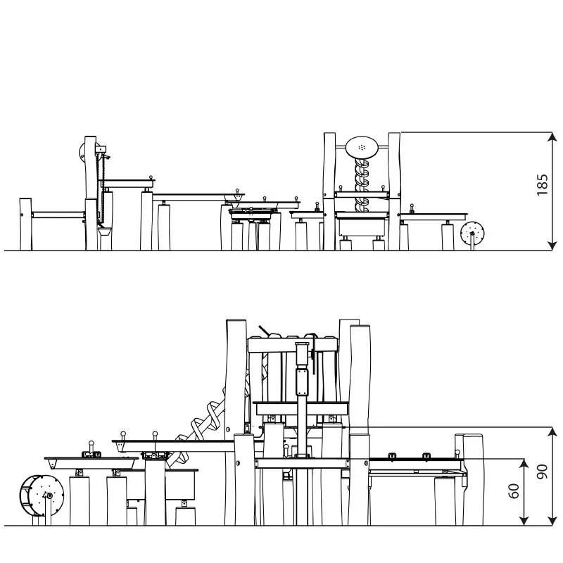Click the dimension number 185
(542, 185)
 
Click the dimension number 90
(542, 472)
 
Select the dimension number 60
(514, 491)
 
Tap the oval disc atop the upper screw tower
(362, 147)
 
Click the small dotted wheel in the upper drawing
(472, 234)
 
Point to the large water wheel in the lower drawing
(42, 496)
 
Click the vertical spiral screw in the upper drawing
(362, 185)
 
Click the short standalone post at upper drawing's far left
(25, 224)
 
